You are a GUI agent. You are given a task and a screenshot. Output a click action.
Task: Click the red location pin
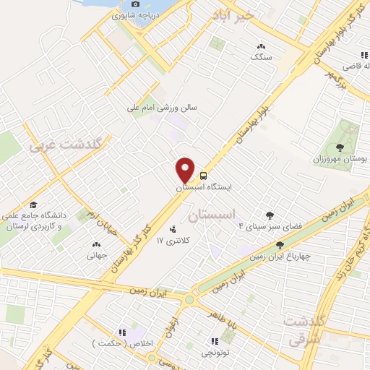(x=186, y=169)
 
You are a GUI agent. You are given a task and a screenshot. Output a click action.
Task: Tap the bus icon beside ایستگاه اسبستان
(x=204, y=176)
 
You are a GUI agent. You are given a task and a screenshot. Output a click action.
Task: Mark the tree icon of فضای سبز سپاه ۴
(x=270, y=215)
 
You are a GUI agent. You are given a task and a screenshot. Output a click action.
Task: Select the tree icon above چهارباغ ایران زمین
(x=280, y=246)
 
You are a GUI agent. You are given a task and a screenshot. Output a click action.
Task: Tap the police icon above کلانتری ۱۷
(x=172, y=231)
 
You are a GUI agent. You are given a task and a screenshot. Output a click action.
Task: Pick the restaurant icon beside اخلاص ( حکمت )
(x=121, y=332)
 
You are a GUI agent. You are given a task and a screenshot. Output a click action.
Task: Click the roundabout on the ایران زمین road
(x=190, y=299)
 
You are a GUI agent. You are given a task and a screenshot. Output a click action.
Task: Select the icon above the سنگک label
(x=258, y=46)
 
